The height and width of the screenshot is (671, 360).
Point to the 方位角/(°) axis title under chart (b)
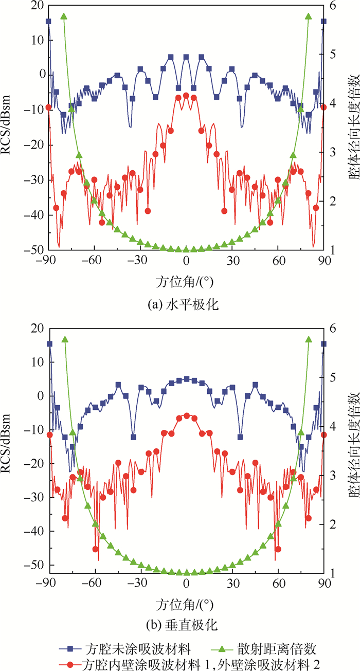click(x=184, y=603)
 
